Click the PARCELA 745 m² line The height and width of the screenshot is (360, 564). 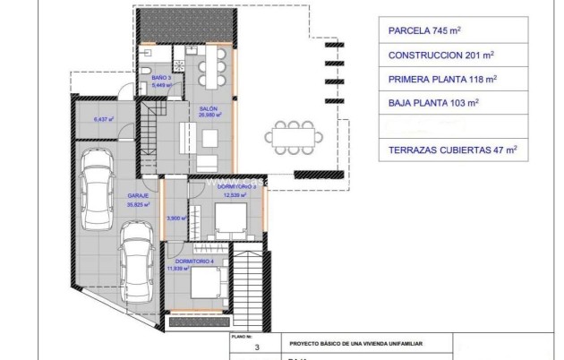coord(424,30)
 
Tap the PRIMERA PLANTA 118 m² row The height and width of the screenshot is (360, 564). coord(439,78)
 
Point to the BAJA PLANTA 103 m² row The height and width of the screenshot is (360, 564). coord(431,103)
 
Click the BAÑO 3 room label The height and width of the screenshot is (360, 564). coord(161,79)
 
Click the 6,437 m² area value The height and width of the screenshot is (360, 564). coord(104,118)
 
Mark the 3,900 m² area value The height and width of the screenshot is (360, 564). coord(175,218)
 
